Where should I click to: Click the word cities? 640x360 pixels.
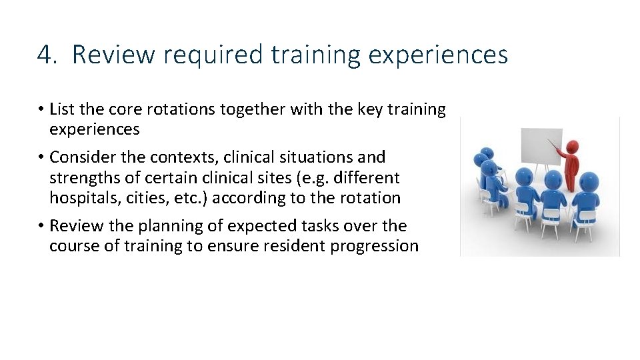point(164,198)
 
